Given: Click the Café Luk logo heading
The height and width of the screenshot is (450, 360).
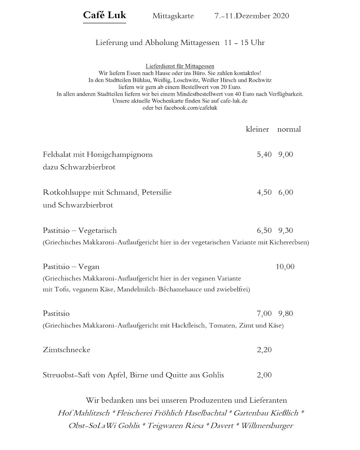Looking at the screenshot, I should (x=105, y=16).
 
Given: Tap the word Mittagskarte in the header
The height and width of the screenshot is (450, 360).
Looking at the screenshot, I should (x=173, y=16).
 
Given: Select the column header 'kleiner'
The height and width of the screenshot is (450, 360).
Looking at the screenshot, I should (x=257, y=129).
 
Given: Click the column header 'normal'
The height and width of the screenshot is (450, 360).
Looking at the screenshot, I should (x=289, y=129).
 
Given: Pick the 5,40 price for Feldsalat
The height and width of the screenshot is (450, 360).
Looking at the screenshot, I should (x=264, y=154).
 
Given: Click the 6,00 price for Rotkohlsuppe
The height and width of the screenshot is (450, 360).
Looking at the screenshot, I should (x=286, y=192).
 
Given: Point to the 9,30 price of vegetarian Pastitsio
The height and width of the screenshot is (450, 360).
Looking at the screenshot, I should (x=286, y=230).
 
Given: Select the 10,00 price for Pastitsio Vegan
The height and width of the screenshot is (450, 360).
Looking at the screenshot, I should (x=285, y=267).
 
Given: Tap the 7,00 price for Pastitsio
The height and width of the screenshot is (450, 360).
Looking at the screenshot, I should (x=264, y=313).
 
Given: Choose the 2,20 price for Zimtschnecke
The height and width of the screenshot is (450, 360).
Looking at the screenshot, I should (x=264, y=350).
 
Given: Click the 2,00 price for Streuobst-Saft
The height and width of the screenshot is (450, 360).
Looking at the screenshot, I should (x=264, y=375).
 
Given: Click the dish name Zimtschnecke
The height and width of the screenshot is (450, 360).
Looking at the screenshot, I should (x=67, y=350).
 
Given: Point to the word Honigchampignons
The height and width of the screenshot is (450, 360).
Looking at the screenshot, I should (x=120, y=154).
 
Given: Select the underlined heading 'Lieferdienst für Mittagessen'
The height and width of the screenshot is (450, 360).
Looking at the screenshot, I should (x=180, y=66).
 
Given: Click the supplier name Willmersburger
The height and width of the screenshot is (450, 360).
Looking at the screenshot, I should (x=267, y=426).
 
